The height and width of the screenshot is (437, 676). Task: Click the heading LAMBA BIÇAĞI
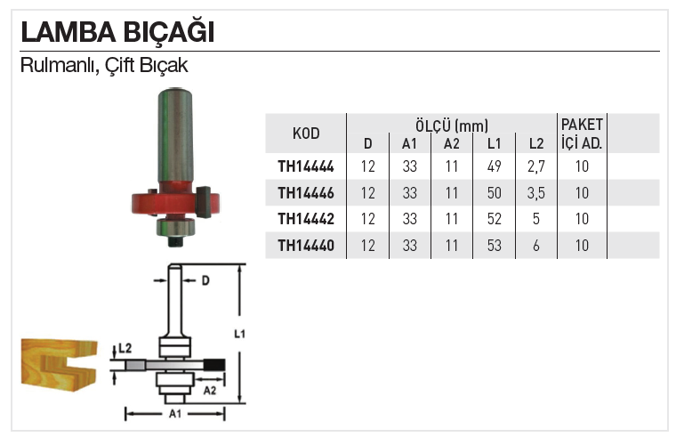pos(117,32)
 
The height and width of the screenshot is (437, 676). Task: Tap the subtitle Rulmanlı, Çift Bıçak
pos(104,65)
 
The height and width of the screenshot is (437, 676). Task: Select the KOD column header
pos(306,134)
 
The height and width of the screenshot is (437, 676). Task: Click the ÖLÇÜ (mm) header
pos(451,125)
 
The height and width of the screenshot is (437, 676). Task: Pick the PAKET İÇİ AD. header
pos(582,134)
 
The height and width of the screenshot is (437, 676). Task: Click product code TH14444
pos(306,166)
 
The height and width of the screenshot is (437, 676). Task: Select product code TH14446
pos(306,193)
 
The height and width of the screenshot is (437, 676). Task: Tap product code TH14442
pos(306,219)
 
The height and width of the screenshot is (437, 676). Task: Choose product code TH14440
pos(306,246)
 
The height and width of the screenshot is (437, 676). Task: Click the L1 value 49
pos(494,166)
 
